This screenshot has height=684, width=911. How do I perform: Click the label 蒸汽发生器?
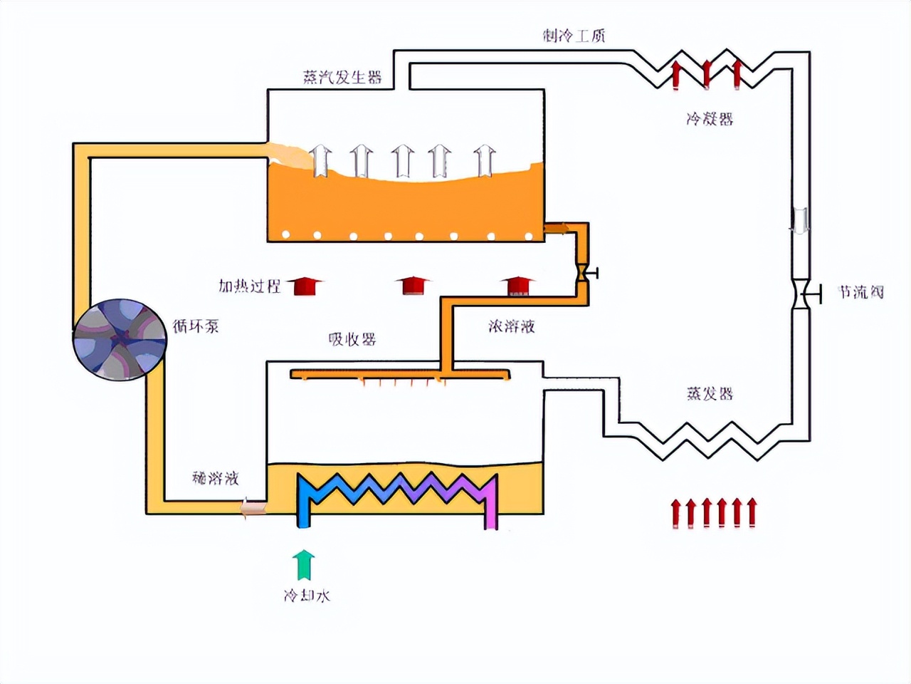click(x=342, y=77)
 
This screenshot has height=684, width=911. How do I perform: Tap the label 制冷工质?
click(x=574, y=36)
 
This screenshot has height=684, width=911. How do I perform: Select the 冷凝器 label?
click(x=710, y=119)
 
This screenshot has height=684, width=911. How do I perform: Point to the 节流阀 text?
click(x=860, y=292)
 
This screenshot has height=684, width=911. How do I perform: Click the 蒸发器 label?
click(x=710, y=393)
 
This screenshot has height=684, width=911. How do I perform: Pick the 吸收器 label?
click(x=352, y=339)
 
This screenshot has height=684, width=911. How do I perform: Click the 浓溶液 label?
click(x=511, y=326)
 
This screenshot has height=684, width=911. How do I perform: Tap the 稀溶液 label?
click(x=215, y=478)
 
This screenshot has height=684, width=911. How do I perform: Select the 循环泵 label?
click(x=196, y=326)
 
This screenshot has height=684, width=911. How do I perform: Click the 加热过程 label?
click(x=249, y=286)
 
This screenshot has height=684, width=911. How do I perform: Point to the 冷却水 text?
click(x=307, y=596)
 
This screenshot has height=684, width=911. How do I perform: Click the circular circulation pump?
click(x=120, y=340)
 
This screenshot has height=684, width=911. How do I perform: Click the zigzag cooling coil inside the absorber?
click(x=397, y=490)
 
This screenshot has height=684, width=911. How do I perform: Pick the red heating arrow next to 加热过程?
click(x=305, y=286)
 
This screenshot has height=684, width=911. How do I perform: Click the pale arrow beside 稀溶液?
click(x=252, y=508)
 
